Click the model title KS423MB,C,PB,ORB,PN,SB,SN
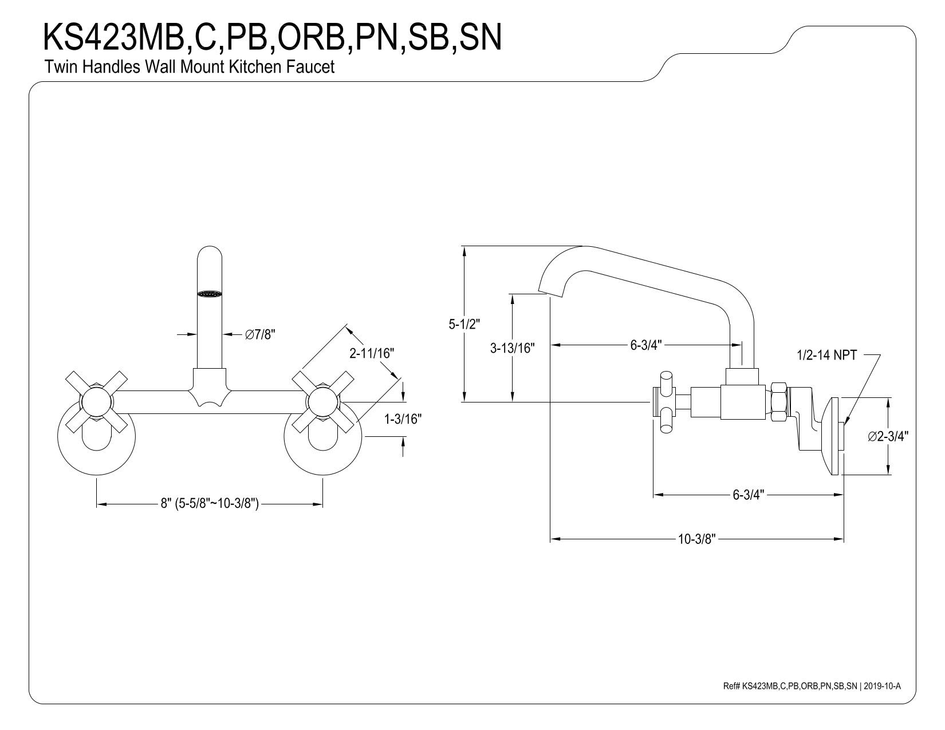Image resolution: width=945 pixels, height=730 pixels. pos(273,37)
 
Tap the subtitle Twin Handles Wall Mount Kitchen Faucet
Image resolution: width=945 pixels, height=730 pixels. pos(189,67)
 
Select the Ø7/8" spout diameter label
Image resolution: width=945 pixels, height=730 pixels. pos(260,334)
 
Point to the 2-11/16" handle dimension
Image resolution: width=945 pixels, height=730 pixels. pos(372,353)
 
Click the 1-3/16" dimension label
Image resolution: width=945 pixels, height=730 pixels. pos(403,419)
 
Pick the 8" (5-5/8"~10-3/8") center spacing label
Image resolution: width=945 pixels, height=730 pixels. pos(210,503)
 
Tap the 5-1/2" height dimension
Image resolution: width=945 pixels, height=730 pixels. pos(464,324)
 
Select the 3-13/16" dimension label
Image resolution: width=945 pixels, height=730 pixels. pos(512,348)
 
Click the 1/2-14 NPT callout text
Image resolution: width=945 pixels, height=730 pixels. pos(826,355)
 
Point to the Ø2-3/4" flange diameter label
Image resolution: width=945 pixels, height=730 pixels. pos(888,436)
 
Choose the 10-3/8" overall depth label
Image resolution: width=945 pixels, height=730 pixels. pos(696,539)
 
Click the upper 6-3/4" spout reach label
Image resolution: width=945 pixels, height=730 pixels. pos(646,345)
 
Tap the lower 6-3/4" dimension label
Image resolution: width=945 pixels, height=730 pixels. pos(749,494)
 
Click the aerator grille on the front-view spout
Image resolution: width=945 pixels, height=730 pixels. pos(210,294)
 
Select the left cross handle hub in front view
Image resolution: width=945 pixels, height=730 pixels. pos(96,402)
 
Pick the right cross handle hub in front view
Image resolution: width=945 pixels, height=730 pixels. pos(322,402)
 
